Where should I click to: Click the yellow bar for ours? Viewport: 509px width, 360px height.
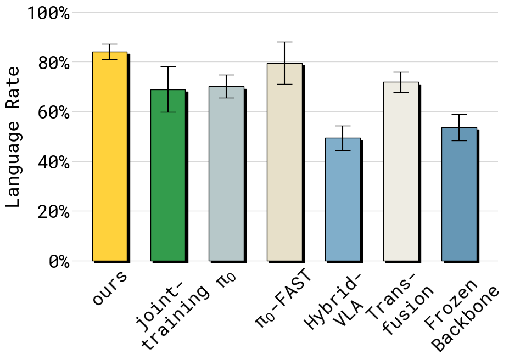pyautogui.click(x=110, y=156)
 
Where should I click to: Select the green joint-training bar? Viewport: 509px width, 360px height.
pyautogui.click(x=168, y=176)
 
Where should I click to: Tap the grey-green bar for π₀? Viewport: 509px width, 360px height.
pyautogui.click(x=226, y=174)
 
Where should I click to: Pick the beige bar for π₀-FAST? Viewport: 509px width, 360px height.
pyautogui.click(x=284, y=162)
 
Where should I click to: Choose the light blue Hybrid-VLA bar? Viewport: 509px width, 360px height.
pyautogui.click(x=343, y=199)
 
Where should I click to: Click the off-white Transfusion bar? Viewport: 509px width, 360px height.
pyautogui.click(x=401, y=172)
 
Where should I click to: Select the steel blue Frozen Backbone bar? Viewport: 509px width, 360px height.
pyautogui.click(x=459, y=194)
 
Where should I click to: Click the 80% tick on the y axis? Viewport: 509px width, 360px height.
pyautogui.click(x=54, y=63)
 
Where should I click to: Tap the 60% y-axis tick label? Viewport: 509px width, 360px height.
pyautogui.click(x=54, y=113)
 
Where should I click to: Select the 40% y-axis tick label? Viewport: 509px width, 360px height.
pyautogui.click(x=54, y=162)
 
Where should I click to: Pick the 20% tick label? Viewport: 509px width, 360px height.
pyautogui.click(x=54, y=212)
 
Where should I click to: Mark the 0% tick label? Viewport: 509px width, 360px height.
pyautogui.click(x=59, y=261)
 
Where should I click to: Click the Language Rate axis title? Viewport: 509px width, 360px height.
pyautogui.click(x=14, y=137)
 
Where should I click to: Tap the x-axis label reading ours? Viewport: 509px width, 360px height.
pyautogui.click(x=110, y=288)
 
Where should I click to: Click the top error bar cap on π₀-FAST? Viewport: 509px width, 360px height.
pyautogui.click(x=284, y=42)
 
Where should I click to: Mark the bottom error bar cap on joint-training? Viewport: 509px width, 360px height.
pyautogui.click(x=168, y=112)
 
